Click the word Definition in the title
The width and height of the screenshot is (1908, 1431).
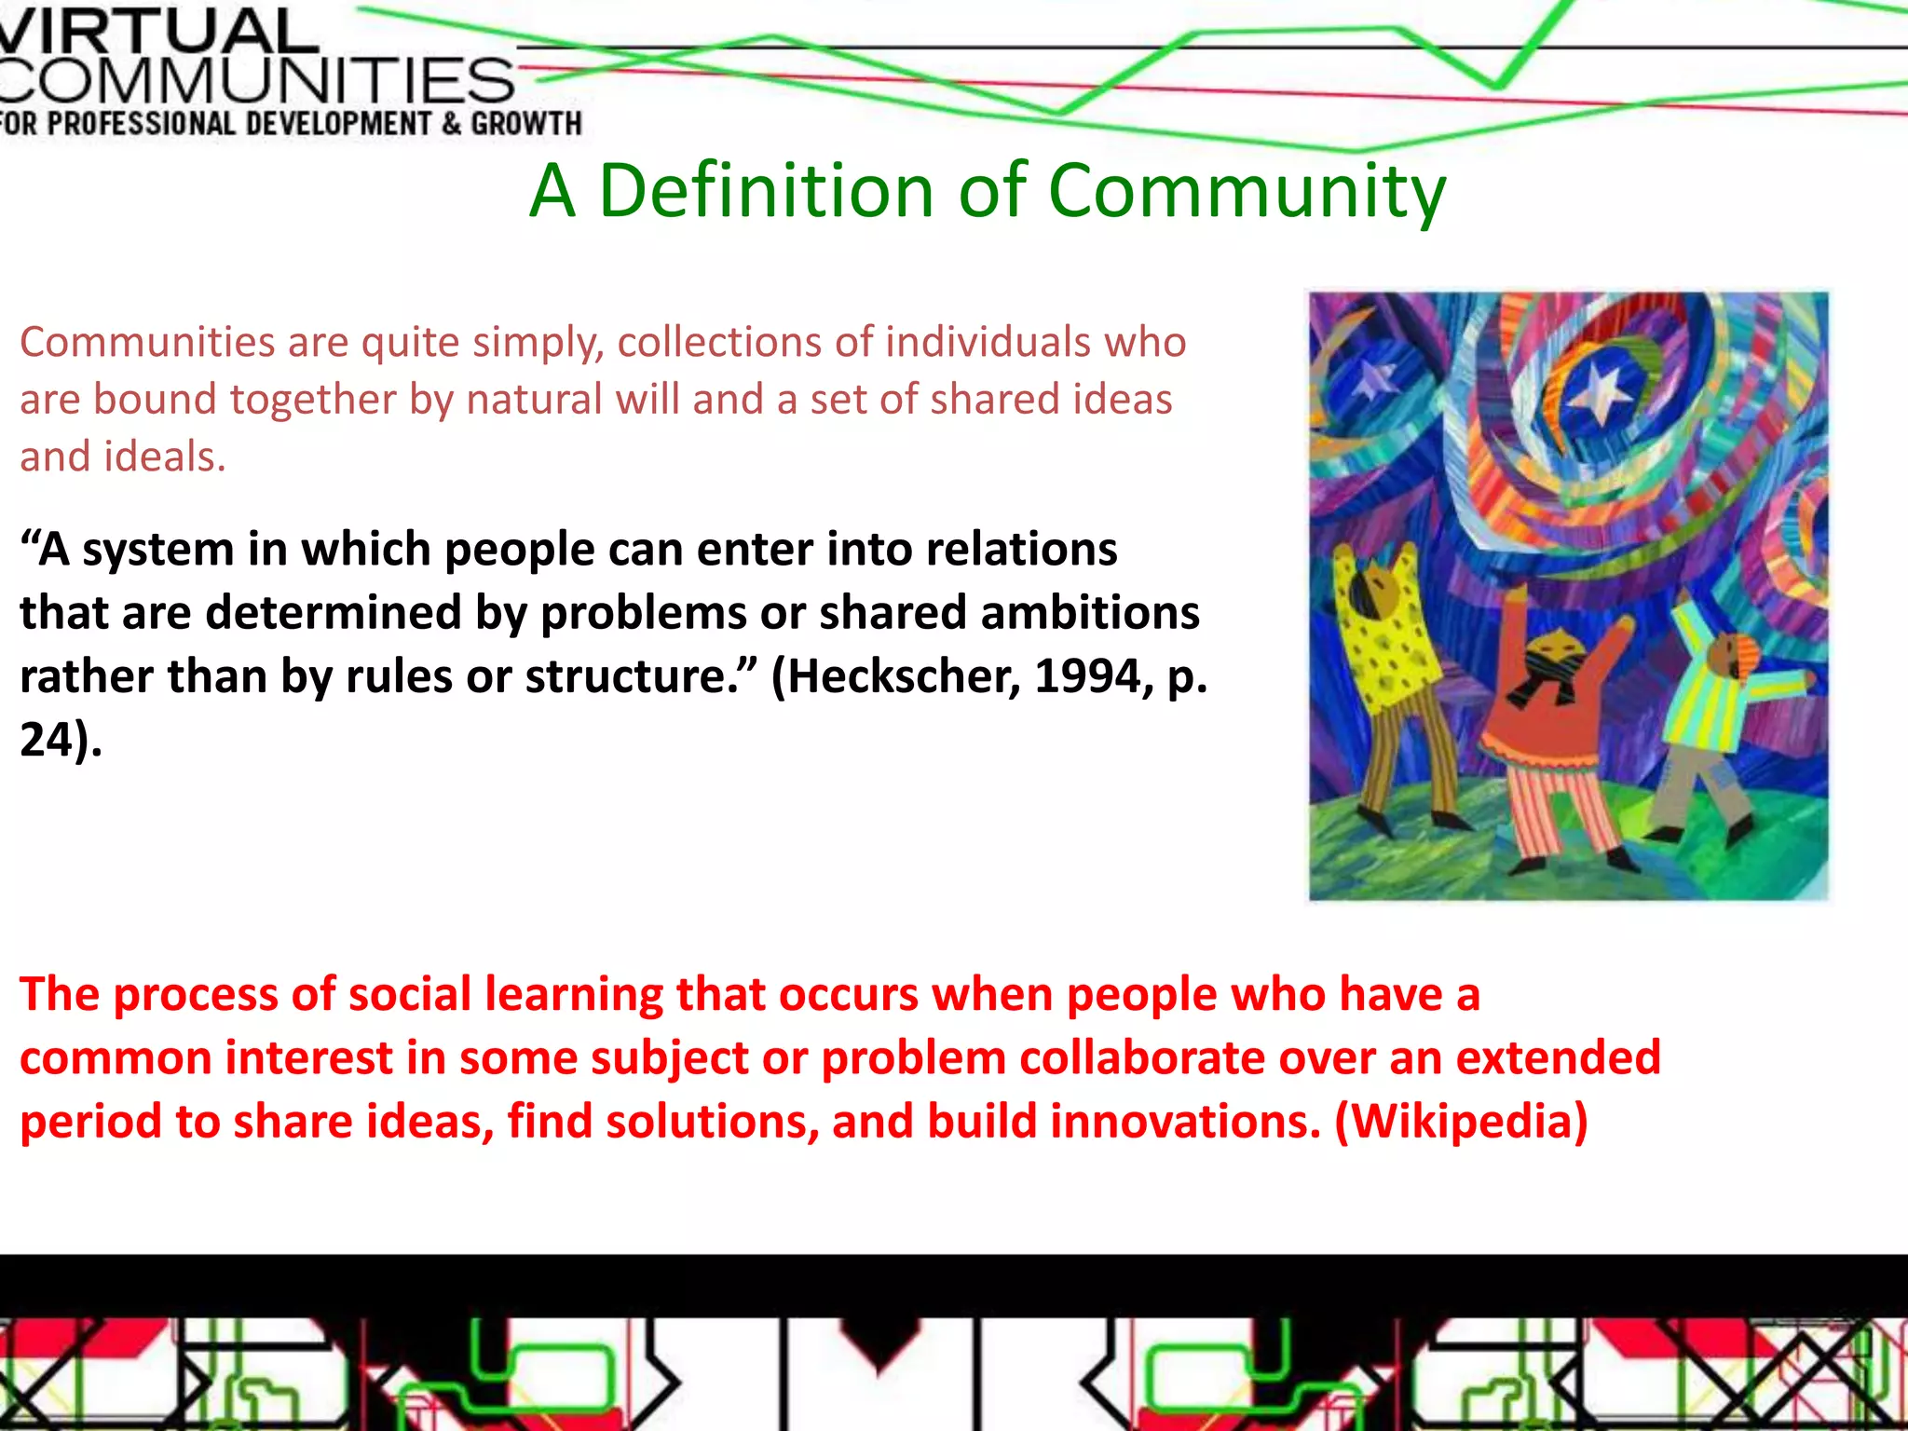(765, 191)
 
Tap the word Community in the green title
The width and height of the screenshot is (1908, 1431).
(1247, 193)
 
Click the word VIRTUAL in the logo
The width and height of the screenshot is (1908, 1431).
(158, 31)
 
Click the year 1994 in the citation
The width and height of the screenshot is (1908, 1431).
(1088, 676)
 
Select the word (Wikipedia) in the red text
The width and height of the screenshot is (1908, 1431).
(1461, 1121)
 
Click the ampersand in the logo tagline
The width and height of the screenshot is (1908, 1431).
(451, 124)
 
